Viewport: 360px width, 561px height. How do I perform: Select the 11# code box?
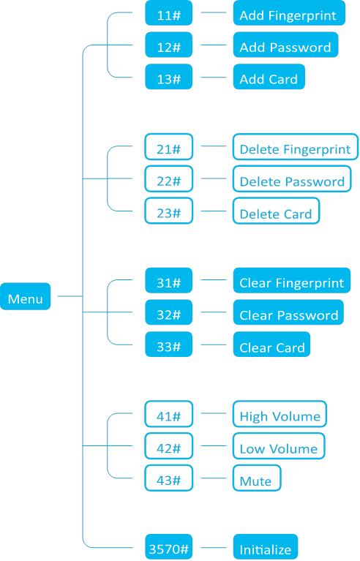[x=168, y=14]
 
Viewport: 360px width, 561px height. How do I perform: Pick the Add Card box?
[x=269, y=78]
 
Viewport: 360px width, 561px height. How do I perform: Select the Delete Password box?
[x=292, y=180]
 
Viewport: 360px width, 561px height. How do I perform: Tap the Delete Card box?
[x=277, y=212]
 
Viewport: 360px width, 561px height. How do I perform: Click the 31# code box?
[x=168, y=282]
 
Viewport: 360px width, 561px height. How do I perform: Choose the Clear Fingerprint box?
[x=292, y=282]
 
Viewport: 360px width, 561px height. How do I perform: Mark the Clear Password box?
[x=288, y=314]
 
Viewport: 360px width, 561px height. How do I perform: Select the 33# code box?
[x=168, y=345]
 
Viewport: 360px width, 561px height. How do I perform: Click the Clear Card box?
[x=271, y=346]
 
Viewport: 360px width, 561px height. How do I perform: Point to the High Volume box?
[x=280, y=415]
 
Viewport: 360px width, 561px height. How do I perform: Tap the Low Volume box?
[x=279, y=447]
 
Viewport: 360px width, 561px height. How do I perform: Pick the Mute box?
[x=257, y=479]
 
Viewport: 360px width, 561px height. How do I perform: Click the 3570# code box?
[x=168, y=548]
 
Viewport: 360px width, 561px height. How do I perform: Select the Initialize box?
[x=265, y=548]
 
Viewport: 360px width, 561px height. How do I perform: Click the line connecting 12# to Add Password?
[x=213, y=45]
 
